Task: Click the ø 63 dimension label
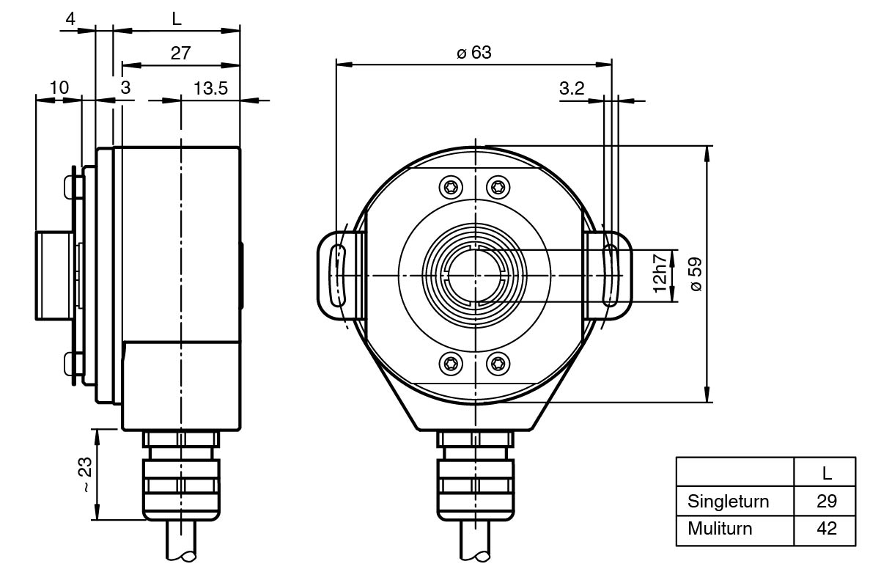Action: pyautogui.click(x=473, y=53)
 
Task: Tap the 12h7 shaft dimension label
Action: pyautogui.click(x=660, y=273)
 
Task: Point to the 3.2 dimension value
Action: pyautogui.click(x=572, y=89)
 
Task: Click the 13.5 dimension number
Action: pyautogui.click(x=211, y=88)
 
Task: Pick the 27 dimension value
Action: pyautogui.click(x=180, y=53)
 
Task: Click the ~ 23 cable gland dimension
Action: pyautogui.click(x=86, y=474)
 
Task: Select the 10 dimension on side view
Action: pyautogui.click(x=59, y=88)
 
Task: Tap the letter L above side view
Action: pyautogui.click(x=177, y=19)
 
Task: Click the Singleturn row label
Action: pyautogui.click(x=729, y=502)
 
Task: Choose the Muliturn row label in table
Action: pyautogui.click(x=720, y=528)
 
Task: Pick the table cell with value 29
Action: pyautogui.click(x=826, y=502)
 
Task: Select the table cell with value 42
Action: pyautogui.click(x=826, y=528)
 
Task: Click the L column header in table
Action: pyautogui.click(x=826, y=474)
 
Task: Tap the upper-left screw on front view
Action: pyautogui.click(x=449, y=188)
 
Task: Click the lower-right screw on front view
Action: pyautogui.click(x=498, y=362)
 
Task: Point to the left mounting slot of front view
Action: pyautogui.click(x=338, y=276)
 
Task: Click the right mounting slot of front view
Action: pyautogui.click(x=609, y=276)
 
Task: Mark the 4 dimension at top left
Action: pyautogui.click(x=70, y=19)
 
